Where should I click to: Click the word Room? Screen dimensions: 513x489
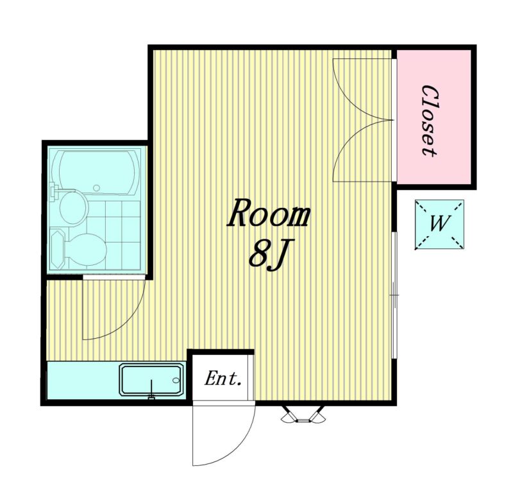coord(268,213)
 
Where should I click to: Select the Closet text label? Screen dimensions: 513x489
coord(430,121)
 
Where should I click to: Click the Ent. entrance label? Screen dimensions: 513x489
coord(223,379)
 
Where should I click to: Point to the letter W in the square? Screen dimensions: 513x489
coord(439,223)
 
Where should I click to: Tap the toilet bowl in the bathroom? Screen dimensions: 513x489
coord(86,250)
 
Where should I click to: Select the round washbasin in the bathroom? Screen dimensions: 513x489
coord(74,208)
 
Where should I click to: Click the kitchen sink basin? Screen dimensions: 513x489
coord(151,380)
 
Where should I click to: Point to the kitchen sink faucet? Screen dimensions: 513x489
coord(151,390)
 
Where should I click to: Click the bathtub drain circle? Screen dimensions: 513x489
coord(97,188)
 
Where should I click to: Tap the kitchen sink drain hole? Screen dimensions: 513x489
coord(176,380)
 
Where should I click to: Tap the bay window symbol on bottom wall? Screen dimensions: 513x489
coord(303,415)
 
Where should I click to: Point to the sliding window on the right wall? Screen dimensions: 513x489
coord(395,295)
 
